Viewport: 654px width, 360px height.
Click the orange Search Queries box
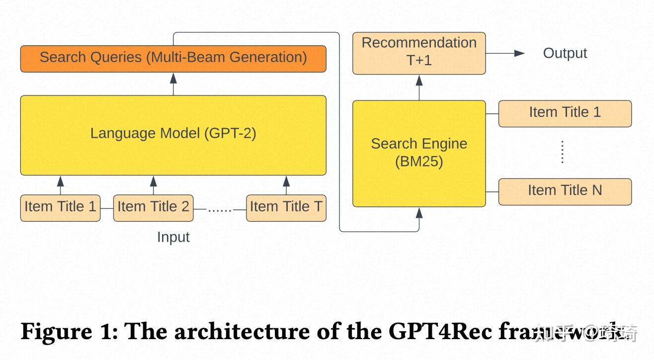(173, 58)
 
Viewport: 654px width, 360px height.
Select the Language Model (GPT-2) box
(173, 135)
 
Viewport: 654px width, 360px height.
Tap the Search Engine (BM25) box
(419, 153)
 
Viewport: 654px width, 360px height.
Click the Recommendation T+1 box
(419, 53)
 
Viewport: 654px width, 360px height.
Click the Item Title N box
(565, 191)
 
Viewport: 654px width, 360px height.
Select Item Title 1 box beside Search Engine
(565, 113)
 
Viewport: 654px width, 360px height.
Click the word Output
(565, 53)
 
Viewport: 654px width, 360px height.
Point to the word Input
(173, 237)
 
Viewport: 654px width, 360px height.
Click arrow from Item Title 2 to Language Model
(153, 184)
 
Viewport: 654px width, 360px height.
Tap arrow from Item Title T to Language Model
(286, 184)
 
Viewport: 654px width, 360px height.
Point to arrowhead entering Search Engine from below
(419, 213)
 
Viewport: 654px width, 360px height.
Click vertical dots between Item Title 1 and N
(563, 152)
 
